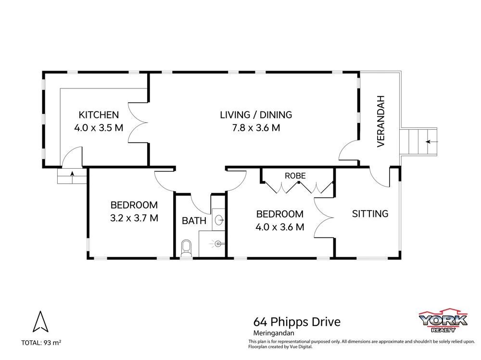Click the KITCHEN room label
[x=99, y=115]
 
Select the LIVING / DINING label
[x=256, y=115]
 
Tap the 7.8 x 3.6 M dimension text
[x=256, y=128]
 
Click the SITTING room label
[x=370, y=213]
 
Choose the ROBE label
[x=295, y=176]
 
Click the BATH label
[x=194, y=221]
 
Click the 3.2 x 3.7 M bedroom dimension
[x=134, y=218]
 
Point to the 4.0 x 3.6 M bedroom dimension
[x=279, y=227]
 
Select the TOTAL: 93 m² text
[x=41, y=343]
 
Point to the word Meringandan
[x=273, y=332]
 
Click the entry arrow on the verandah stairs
[x=429, y=142]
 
